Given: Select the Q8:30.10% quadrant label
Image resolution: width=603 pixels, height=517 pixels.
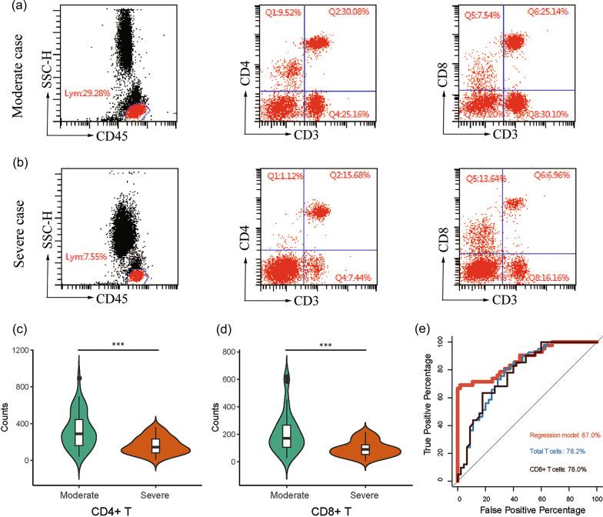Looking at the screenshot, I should (553, 115).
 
